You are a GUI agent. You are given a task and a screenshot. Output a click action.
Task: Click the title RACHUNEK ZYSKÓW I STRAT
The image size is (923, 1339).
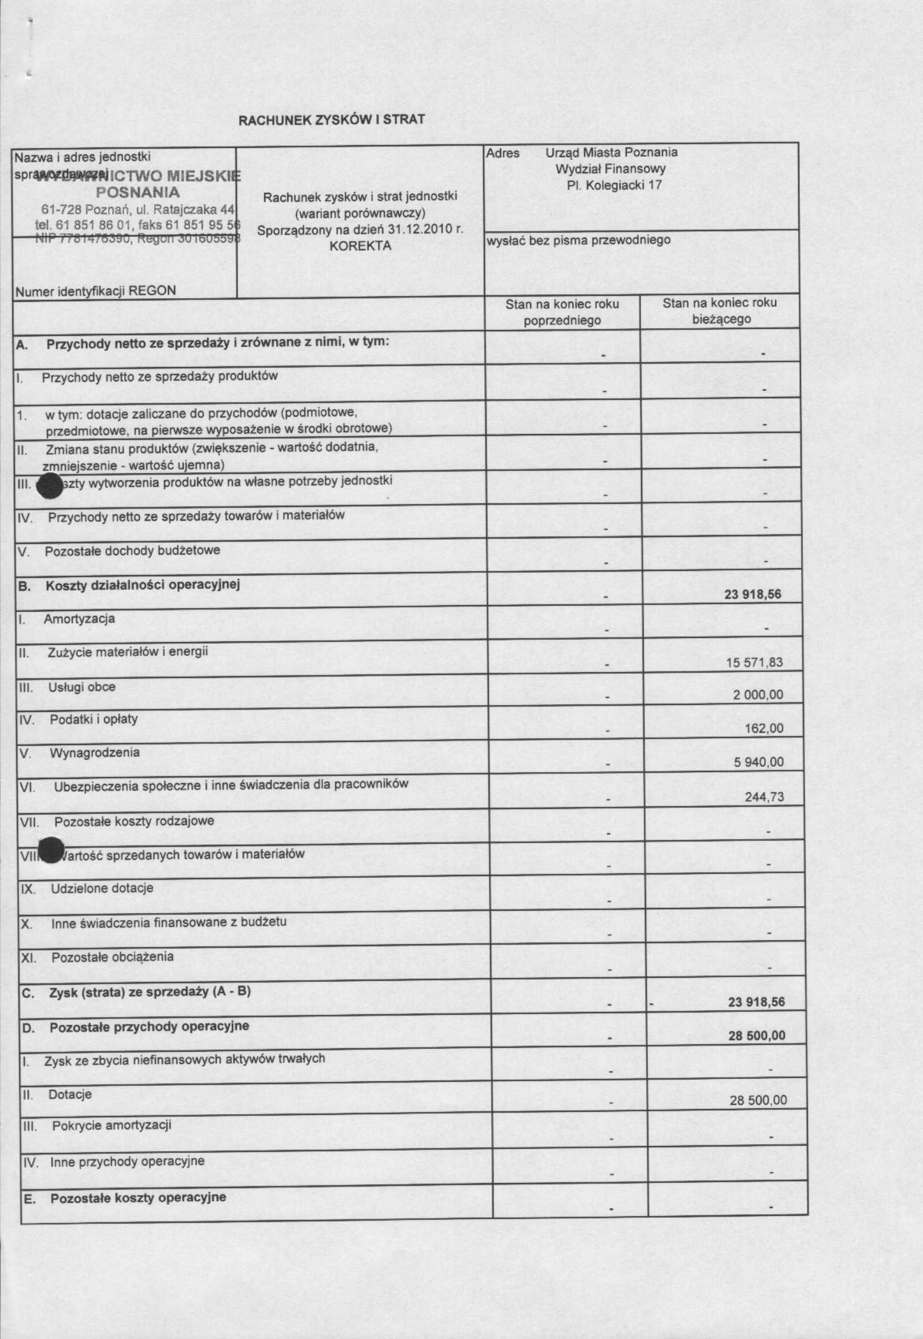point(331,120)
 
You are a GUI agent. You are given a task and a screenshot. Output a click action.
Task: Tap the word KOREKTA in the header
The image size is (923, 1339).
point(360,246)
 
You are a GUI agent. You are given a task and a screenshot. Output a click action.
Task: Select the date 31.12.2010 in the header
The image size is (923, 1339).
point(418,229)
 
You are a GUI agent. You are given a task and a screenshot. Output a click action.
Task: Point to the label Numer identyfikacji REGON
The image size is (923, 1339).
point(95,291)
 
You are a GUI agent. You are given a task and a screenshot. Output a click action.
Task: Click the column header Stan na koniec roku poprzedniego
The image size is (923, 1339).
point(562,312)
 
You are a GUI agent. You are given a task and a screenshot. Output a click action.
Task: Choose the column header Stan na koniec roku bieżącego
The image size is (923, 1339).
point(720,311)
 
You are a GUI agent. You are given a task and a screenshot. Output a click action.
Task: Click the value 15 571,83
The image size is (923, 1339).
point(754,662)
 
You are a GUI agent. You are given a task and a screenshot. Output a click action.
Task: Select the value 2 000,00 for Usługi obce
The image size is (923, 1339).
point(758,695)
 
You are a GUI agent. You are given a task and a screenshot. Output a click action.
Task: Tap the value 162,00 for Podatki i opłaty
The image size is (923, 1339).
point(764,729)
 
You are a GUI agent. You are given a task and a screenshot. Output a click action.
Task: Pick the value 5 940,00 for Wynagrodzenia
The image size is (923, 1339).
point(759,763)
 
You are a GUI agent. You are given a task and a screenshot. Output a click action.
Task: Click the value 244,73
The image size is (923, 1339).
point(764,798)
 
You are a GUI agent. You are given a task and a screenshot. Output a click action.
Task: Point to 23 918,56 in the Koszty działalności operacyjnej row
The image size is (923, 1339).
point(753,594)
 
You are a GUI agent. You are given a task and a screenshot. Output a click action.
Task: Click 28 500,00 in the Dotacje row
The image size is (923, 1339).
point(758,1100)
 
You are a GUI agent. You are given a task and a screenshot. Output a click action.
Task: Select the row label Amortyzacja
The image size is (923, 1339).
point(79,619)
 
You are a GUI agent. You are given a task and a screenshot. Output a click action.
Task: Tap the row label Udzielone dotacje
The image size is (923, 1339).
point(102,888)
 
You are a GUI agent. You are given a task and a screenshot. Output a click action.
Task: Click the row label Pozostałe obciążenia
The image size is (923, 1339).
point(112,957)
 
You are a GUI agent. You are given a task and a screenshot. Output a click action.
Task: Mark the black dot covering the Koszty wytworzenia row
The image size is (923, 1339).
point(49,485)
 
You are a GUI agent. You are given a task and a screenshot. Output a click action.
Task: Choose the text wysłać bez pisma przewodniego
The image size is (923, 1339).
point(579,240)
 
